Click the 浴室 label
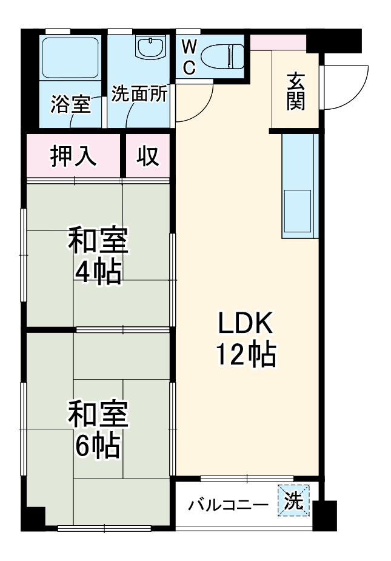pyautogui.click(x=70, y=105)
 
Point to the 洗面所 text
pyautogui.click(x=140, y=96)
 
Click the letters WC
pyautogui.click(x=189, y=57)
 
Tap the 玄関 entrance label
pyautogui.click(x=295, y=92)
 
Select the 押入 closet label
pyautogui.click(x=73, y=156)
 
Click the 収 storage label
pyautogui.click(x=147, y=156)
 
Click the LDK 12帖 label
pyautogui.click(x=247, y=340)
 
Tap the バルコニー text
pyautogui.click(x=227, y=504)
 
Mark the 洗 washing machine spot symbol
pyautogui.click(x=293, y=501)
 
